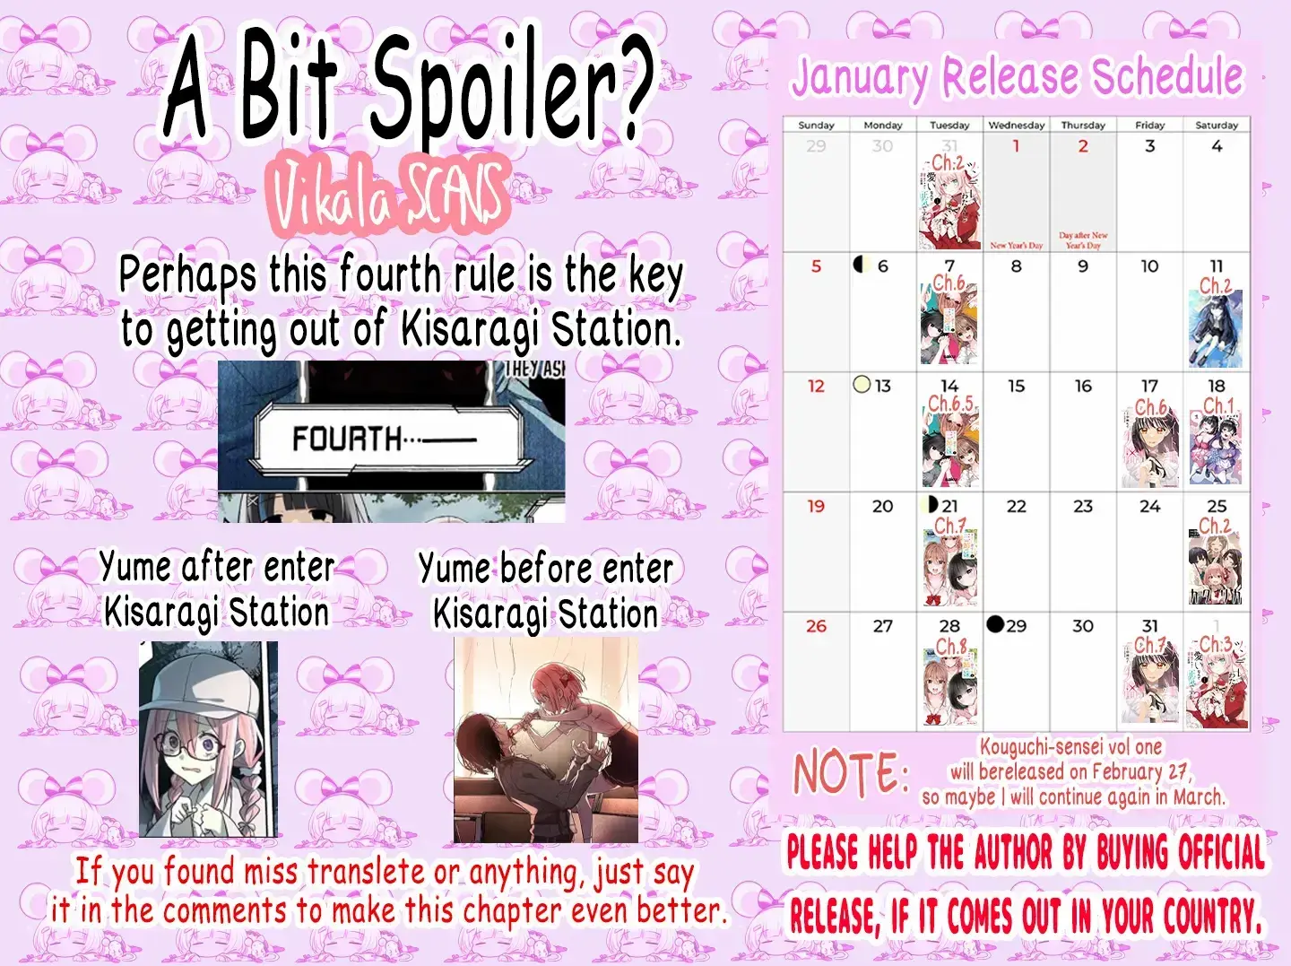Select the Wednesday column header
pyautogui.click(x=1016, y=126)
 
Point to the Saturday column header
pyautogui.click(x=1216, y=126)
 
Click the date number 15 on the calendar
pyautogui.click(x=1016, y=386)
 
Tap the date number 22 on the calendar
pyautogui.click(x=1016, y=506)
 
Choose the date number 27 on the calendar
pyautogui.click(x=882, y=626)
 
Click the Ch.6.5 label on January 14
pyautogui.click(x=950, y=405)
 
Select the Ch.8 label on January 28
pyautogui.click(x=950, y=647)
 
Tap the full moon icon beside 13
pyautogui.click(x=862, y=385)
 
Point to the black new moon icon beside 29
pyautogui.click(x=995, y=624)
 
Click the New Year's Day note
pyautogui.click(x=1016, y=245)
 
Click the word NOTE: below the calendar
pyautogui.click(x=850, y=773)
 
